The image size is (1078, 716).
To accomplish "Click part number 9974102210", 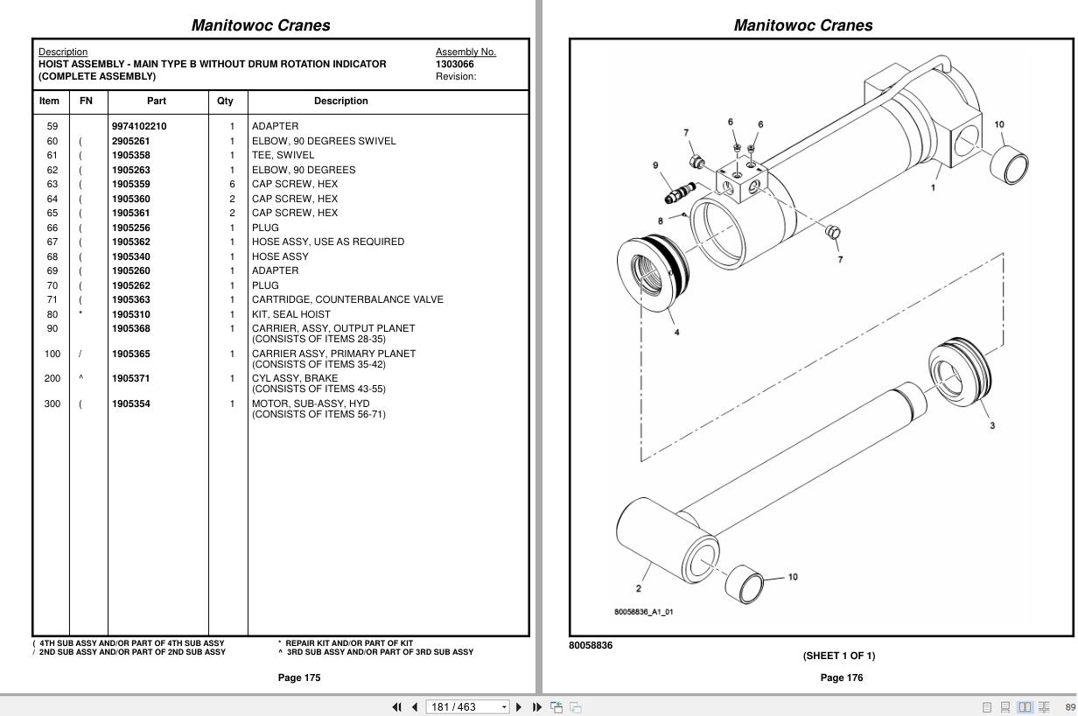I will tap(138, 126).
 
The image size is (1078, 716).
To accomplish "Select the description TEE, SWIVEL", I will tap(283, 155).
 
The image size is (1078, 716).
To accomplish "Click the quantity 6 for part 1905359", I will tap(232, 184).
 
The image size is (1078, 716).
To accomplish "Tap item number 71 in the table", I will tap(52, 299).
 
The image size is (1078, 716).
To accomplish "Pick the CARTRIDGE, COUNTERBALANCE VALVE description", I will tap(347, 299).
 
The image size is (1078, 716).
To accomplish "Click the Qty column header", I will tap(225, 101).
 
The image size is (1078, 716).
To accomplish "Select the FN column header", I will tap(86, 101).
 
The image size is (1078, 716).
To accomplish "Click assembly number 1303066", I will tap(455, 64).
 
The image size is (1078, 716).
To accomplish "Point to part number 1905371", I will tap(130, 378).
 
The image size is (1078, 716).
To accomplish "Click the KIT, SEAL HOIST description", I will tap(291, 314).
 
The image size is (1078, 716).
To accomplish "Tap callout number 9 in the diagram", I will tap(655, 165).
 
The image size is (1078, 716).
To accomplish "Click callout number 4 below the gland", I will tap(676, 332).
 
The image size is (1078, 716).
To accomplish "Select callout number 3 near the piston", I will tap(991, 425).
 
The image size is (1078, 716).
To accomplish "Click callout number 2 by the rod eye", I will tap(639, 588).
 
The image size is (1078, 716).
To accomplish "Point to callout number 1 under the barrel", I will tap(933, 187).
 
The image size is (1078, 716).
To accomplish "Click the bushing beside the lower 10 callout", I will tap(745, 584).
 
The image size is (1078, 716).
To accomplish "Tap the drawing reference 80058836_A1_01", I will tap(643, 612).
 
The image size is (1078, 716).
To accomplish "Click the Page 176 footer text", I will tap(841, 677).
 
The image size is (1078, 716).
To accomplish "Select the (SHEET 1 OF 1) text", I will tap(838, 656).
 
